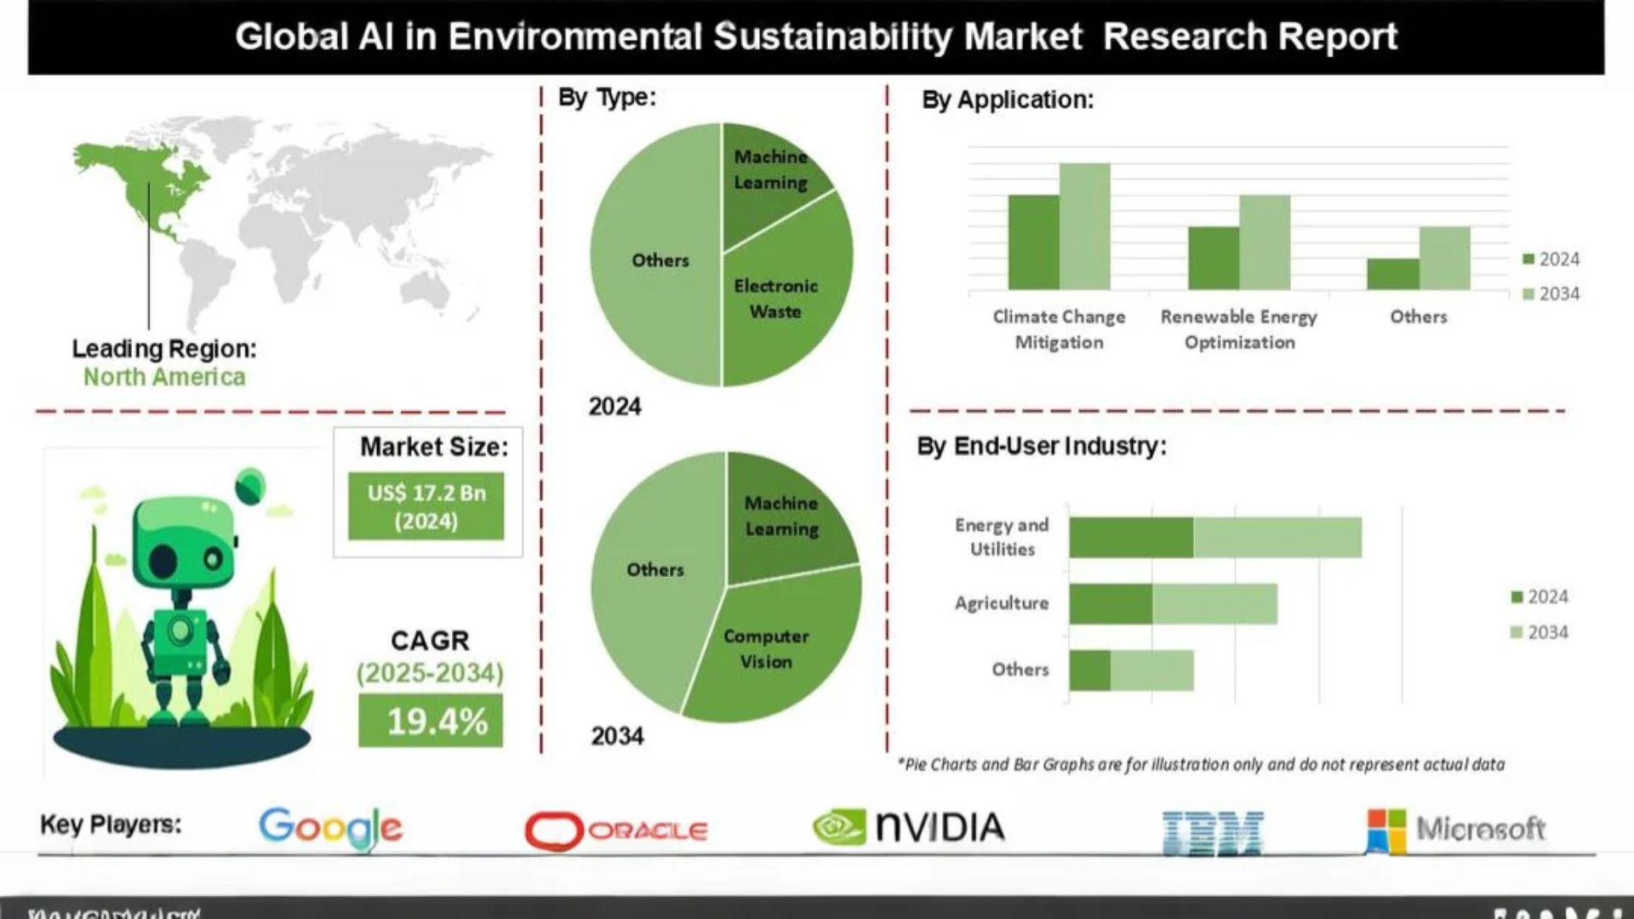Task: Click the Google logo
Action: click(x=330, y=827)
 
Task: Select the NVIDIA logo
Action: click(x=908, y=827)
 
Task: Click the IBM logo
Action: click(x=1212, y=831)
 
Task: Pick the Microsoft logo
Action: click(x=1455, y=829)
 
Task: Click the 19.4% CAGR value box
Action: click(x=431, y=721)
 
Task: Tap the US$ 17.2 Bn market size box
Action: click(x=426, y=507)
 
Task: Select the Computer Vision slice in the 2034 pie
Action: click(x=766, y=651)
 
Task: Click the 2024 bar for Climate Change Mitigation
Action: click(x=1033, y=243)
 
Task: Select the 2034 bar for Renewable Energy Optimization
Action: click(x=1265, y=243)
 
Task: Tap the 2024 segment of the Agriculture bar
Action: click(x=1111, y=603)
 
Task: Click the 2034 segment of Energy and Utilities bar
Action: click(x=1277, y=537)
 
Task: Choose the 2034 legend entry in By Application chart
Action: click(x=1551, y=294)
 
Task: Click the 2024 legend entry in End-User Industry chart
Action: click(x=1540, y=596)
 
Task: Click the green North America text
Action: click(x=164, y=377)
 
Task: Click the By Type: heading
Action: click(x=607, y=97)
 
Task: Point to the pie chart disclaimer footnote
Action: click(x=1201, y=764)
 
